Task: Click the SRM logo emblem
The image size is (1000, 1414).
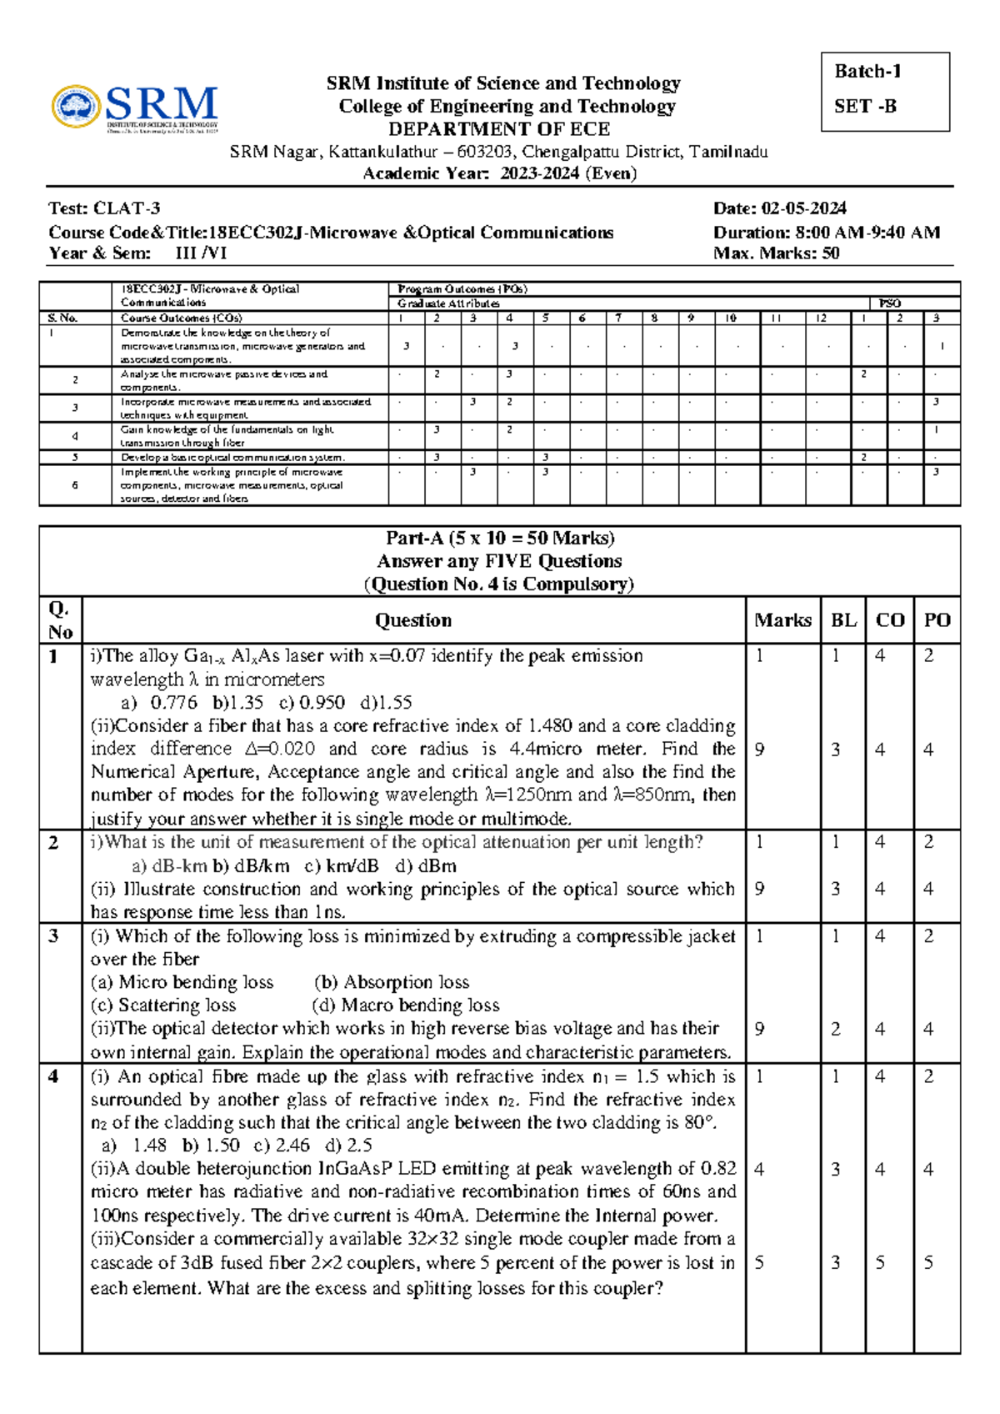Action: (77, 107)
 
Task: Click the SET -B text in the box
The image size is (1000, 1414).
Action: (865, 107)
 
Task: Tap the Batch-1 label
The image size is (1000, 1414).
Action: (867, 72)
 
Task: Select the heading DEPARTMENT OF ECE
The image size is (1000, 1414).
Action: (499, 129)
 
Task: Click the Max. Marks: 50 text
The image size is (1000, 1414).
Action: (776, 253)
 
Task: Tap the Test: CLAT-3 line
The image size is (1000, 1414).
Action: (104, 208)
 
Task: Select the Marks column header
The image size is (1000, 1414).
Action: (782, 620)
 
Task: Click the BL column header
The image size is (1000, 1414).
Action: (843, 620)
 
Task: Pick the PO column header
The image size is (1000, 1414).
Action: (937, 620)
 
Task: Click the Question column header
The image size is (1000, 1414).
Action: (413, 620)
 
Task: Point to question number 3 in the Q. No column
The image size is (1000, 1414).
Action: (54, 936)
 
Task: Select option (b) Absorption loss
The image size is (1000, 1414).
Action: (392, 982)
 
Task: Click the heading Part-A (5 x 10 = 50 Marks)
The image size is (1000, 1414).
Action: (500, 539)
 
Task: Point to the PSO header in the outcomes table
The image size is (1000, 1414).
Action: (889, 303)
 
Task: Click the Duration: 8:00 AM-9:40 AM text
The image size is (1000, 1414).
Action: (826, 233)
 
